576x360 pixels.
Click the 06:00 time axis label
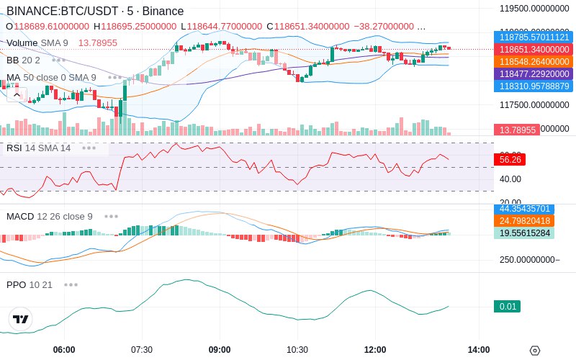click(x=64, y=350)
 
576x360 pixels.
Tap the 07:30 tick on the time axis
click(x=142, y=350)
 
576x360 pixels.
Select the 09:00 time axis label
click(x=220, y=350)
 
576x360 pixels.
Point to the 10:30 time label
click(x=297, y=350)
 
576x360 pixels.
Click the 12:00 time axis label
click(x=375, y=350)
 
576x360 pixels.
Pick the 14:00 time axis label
click(x=478, y=350)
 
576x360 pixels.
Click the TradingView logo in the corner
click(x=21, y=319)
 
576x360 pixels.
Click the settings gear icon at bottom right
click(x=534, y=351)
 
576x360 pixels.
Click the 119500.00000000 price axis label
click(x=535, y=9)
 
